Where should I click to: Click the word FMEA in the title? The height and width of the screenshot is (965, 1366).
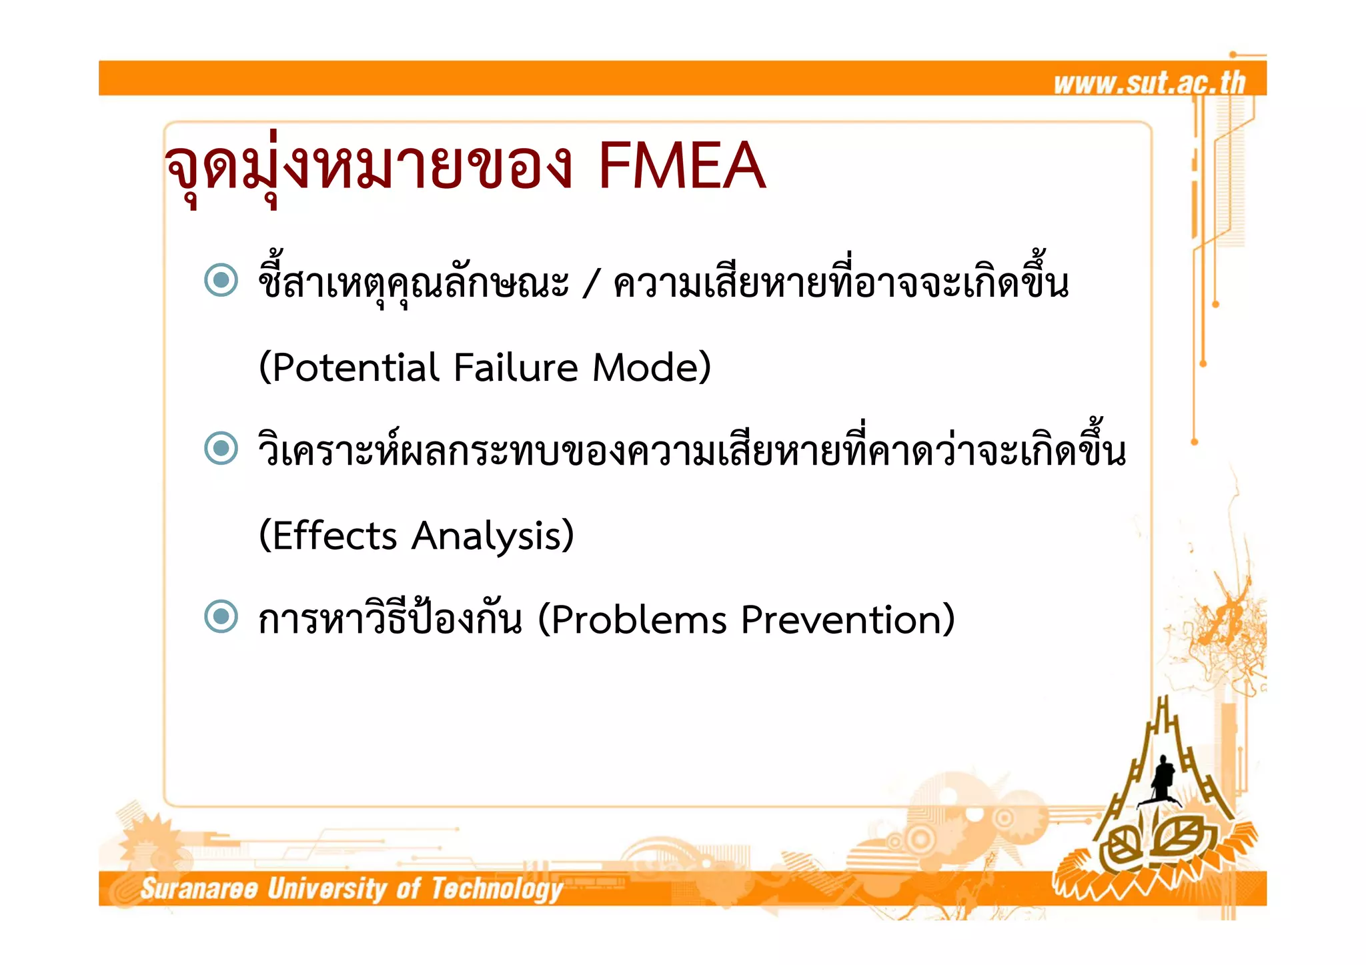681,166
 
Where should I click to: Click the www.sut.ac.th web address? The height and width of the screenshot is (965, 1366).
1149,83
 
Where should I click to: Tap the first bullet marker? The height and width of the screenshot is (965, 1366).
221,280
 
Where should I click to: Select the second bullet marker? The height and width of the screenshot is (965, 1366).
221,448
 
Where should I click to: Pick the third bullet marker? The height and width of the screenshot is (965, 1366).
221,616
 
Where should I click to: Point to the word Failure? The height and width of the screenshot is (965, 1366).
516,368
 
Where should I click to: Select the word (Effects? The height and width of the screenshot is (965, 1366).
327,536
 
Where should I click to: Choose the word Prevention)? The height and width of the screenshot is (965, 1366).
848,620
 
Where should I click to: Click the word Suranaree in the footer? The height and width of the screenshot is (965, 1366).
199,889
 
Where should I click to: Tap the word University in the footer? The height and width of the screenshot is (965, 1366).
327,889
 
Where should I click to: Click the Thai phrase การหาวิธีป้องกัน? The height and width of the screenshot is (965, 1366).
390,620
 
